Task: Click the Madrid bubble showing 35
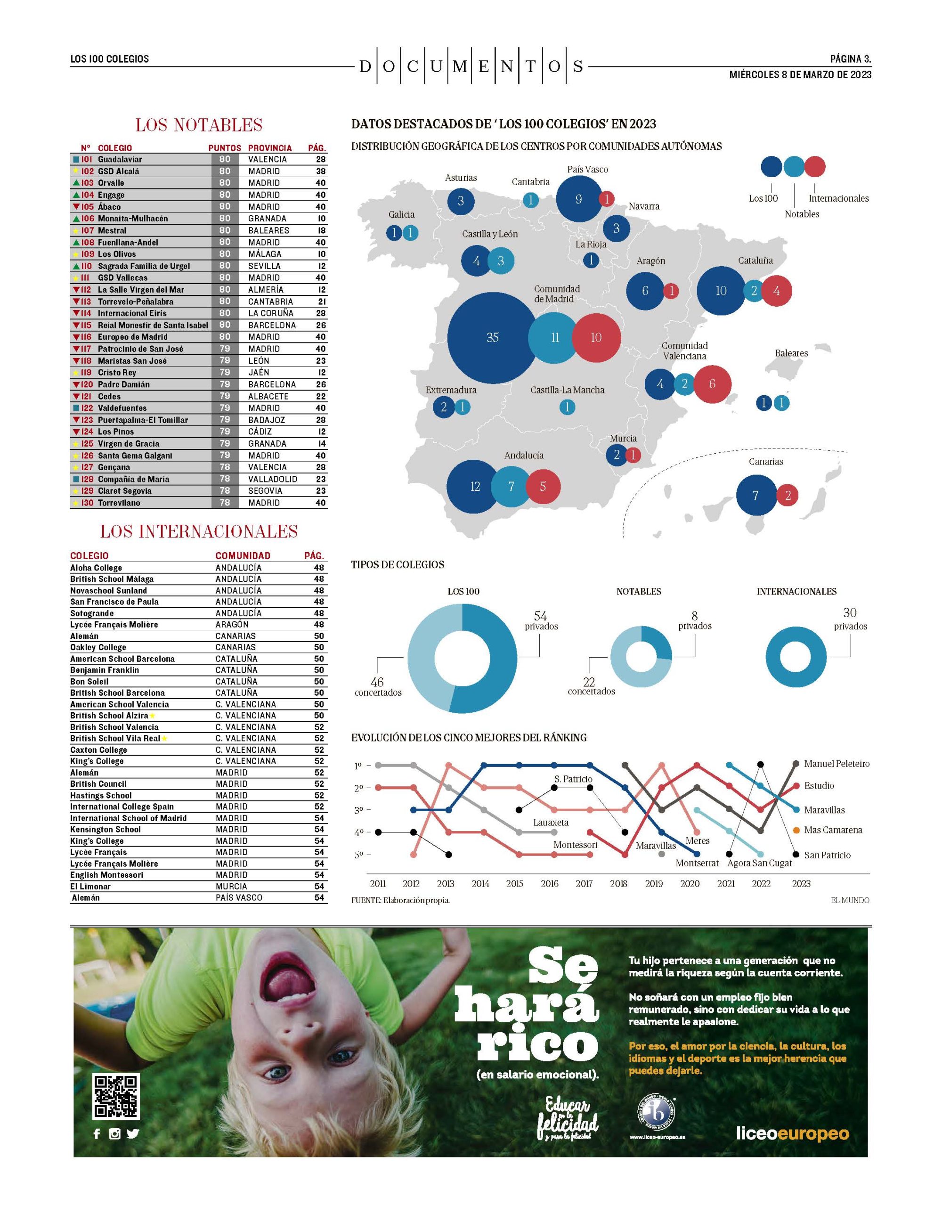[x=493, y=337]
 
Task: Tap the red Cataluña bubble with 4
[x=776, y=291]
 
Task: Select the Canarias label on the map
[x=766, y=462]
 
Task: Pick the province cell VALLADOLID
[x=273, y=479]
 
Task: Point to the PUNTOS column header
[x=225, y=148]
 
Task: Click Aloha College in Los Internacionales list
[x=96, y=568]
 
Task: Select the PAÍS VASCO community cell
[x=239, y=898]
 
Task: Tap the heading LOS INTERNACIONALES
[x=199, y=531]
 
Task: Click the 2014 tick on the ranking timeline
[x=480, y=883]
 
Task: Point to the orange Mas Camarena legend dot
[x=796, y=830]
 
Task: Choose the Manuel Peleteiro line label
[x=836, y=764]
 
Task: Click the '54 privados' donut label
[x=541, y=621]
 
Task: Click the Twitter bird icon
[x=132, y=1133]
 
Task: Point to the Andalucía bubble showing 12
[x=475, y=487]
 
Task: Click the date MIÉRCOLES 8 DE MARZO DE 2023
[x=800, y=74]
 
